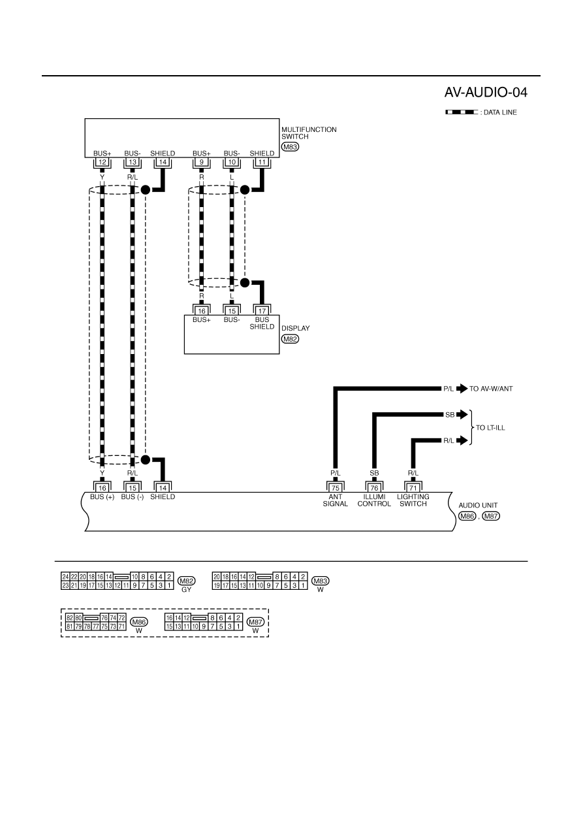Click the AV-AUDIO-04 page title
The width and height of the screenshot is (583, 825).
point(486,93)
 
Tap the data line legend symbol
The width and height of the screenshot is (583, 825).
point(462,112)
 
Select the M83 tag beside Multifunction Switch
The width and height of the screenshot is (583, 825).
point(290,146)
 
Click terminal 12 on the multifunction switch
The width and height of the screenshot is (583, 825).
point(102,162)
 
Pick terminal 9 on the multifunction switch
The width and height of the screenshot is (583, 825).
point(202,162)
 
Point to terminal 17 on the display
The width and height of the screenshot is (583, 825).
point(262,311)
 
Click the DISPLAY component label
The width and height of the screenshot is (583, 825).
point(296,328)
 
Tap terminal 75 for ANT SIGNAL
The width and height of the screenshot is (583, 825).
point(336,488)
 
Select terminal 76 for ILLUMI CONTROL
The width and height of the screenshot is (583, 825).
point(374,488)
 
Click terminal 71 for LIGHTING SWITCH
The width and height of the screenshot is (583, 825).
point(413,488)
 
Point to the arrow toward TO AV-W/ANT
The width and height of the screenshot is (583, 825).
point(462,389)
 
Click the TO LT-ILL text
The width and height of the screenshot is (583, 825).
point(490,428)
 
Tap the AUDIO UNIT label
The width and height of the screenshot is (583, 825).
point(478,506)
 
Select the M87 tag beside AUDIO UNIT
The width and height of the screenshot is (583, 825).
point(491,516)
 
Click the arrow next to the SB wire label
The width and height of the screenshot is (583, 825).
point(462,415)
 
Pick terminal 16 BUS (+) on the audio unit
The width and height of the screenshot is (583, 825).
point(102,488)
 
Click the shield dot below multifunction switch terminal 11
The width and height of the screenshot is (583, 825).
point(245,189)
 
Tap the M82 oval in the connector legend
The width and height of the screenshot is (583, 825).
point(186,581)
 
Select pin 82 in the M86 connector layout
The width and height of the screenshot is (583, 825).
point(70,618)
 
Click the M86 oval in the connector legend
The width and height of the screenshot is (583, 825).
point(139,622)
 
